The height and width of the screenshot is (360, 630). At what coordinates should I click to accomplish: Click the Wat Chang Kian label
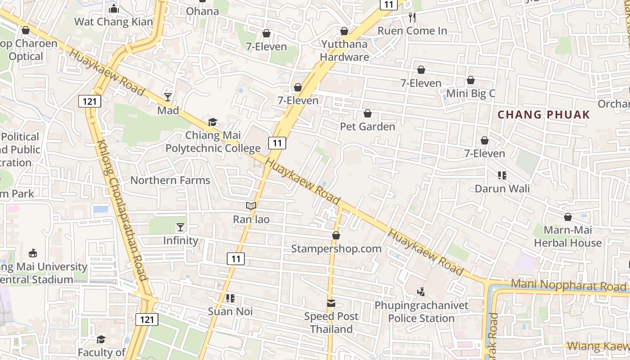coord(113,21)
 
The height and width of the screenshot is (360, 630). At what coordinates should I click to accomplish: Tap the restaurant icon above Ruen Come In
coord(412,18)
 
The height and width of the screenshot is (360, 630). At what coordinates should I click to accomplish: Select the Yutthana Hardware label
coord(345,50)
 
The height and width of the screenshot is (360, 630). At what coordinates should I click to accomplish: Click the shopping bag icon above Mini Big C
coord(471,80)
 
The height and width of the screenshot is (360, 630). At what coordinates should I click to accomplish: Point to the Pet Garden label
coord(368,126)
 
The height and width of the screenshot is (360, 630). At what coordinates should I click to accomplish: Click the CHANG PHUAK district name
coord(544,115)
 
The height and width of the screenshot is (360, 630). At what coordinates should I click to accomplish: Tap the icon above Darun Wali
coord(502,175)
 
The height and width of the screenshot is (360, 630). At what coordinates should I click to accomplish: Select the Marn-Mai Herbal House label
coord(567,237)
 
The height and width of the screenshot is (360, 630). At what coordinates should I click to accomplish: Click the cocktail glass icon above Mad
coord(168,97)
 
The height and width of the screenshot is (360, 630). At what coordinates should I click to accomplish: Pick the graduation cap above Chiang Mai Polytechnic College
coord(212,122)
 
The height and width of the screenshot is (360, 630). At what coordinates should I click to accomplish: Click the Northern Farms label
coord(170,180)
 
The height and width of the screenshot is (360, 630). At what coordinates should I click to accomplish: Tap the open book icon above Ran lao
coord(251,206)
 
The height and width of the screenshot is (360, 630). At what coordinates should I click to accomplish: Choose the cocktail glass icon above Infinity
coord(180,227)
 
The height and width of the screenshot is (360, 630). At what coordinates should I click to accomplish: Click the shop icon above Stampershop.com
coord(336,235)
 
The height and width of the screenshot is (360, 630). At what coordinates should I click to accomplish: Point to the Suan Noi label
coord(230,311)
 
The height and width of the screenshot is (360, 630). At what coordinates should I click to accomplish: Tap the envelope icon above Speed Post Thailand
coord(331,303)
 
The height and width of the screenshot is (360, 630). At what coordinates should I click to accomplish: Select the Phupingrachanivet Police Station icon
coord(421,292)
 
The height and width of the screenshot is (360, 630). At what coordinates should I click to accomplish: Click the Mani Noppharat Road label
coord(569,286)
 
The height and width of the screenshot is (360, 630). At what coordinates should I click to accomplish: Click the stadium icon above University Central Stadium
coord(33,253)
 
